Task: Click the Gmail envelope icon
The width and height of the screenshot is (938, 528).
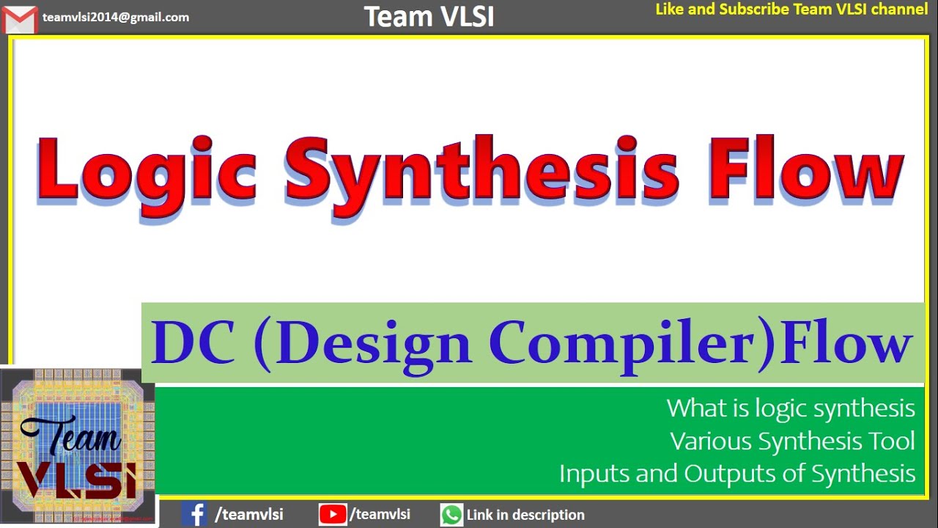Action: [x=20, y=19]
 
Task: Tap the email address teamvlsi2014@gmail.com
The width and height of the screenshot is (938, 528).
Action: [x=116, y=17]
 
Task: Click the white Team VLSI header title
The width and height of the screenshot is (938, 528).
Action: [x=429, y=17]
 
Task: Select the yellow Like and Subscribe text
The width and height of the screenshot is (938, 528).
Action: [x=791, y=10]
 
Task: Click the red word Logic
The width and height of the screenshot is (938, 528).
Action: [x=147, y=174]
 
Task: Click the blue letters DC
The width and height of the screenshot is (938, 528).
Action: [x=192, y=342]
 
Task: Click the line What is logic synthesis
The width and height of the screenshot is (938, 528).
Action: [x=791, y=408]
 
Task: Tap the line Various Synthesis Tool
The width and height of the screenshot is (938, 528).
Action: [x=792, y=441]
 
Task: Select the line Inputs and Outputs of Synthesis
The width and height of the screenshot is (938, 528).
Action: [x=737, y=474]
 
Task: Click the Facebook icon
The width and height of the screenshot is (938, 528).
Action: [x=194, y=514]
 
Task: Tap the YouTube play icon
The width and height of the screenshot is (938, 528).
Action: [x=333, y=514]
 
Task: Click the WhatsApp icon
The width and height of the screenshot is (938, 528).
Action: [x=451, y=515]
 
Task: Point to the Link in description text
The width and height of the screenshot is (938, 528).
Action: [x=525, y=515]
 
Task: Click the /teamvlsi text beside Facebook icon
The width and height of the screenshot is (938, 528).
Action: [x=248, y=515]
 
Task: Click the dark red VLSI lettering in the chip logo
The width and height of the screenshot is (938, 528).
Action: [x=77, y=480]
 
